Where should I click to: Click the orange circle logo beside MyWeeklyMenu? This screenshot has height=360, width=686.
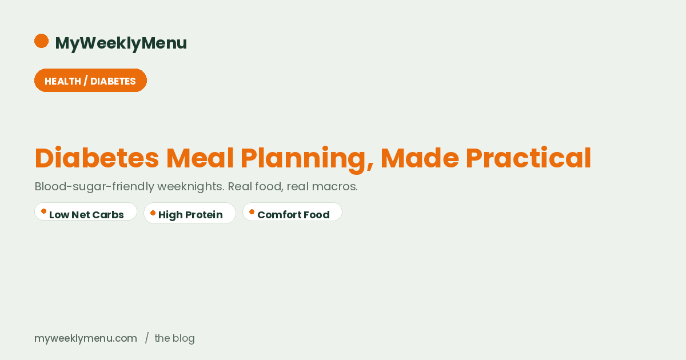(x=41, y=41)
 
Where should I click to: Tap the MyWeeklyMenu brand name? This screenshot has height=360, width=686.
(x=121, y=43)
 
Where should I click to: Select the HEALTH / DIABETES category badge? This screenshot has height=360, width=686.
(x=90, y=81)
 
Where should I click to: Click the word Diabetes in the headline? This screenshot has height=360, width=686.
(x=97, y=158)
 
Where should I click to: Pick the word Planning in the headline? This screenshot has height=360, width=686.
(x=306, y=158)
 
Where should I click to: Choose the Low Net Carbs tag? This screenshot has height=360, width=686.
(x=86, y=212)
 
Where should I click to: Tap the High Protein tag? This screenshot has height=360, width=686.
(x=190, y=213)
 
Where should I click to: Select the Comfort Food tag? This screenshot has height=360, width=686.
(x=292, y=212)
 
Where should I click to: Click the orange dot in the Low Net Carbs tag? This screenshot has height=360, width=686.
(x=43, y=211)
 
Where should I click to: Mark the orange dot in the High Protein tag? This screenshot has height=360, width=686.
(x=153, y=213)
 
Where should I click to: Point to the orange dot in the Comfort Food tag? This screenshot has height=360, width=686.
(x=252, y=212)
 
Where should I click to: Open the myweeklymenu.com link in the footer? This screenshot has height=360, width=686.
(x=86, y=338)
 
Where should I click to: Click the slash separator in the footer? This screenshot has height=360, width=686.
(x=147, y=338)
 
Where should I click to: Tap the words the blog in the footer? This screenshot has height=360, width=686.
(x=174, y=338)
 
